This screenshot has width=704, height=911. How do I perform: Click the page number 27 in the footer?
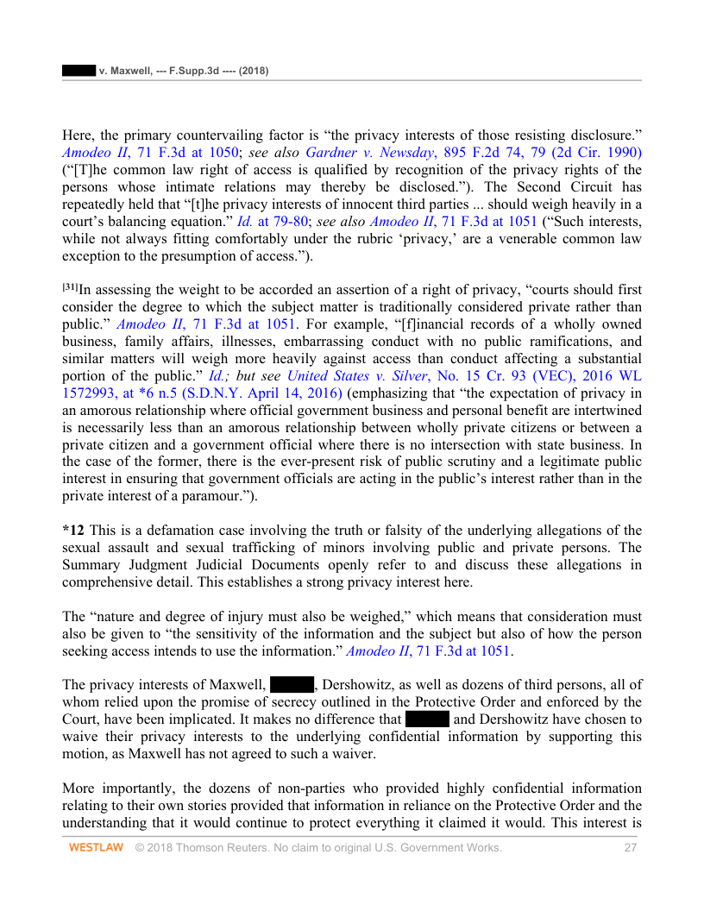[630, 848]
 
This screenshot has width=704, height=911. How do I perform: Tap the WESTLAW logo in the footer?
[96, 848]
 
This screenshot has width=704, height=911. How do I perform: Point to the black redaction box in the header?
[78, 70]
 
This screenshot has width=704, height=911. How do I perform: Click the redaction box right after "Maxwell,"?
[292, 685]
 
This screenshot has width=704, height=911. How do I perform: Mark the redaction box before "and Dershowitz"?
[426, 719]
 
